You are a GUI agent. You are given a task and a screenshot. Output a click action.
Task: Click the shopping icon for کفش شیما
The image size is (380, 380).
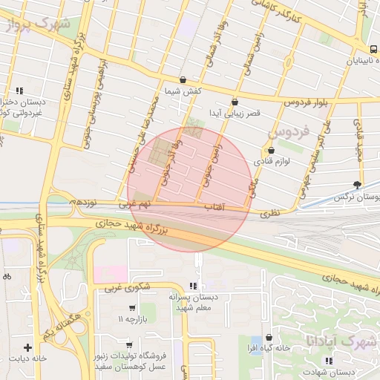click(x=183, y=79)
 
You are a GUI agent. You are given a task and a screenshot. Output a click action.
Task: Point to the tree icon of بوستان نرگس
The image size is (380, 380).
click(x=359, y=184)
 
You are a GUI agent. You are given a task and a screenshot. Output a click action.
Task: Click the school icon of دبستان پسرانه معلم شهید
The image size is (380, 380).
click(x=194, y=286)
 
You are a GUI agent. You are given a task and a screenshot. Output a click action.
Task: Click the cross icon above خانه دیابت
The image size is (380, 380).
click(x=27, y=347)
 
